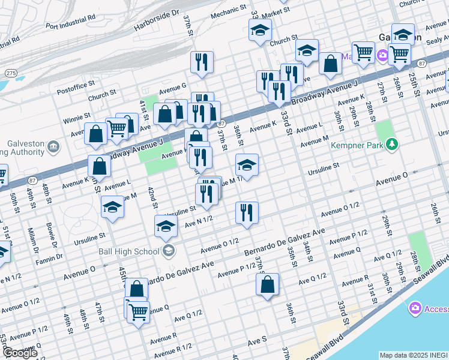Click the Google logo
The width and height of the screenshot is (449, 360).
(20, 353)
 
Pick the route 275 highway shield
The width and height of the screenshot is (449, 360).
(11, 73)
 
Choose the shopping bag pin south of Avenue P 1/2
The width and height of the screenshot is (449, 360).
(267, 285)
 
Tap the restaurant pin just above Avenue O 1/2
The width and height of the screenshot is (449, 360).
(247, 213)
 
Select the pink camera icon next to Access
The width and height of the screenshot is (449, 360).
(414, 308)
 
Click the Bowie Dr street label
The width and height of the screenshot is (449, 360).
(52, 238)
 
